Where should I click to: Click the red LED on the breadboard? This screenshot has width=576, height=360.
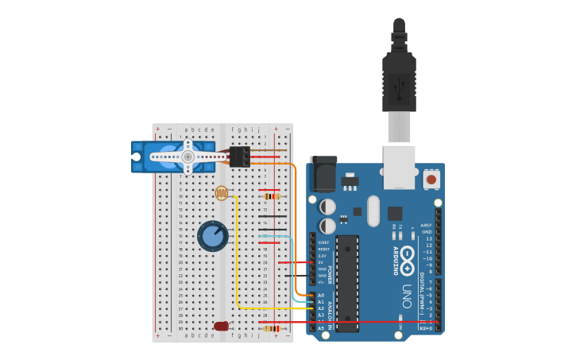coord(221,326)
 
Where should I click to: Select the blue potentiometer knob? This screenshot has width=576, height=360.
coord(212,236)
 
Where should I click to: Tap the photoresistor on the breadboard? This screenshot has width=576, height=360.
coord(222,192)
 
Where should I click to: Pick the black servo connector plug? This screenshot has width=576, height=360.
coord(240,157)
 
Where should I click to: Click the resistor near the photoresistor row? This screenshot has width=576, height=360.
coord(272,196)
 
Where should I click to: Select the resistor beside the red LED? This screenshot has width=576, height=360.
coord(272,328)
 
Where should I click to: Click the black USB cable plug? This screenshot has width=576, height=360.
coord(399,75)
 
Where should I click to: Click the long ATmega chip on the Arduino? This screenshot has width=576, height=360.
coord(347,282)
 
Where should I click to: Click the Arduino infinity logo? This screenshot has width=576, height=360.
coord(407,257)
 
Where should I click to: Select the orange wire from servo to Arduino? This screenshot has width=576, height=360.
coord(296,230)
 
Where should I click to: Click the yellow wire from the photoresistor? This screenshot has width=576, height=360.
coord(237,262)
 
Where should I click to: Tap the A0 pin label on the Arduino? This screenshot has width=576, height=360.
coord(321,295)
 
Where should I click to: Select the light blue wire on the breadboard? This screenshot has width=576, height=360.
coord(273,236)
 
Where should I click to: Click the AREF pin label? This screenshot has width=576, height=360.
coord(427,226)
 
